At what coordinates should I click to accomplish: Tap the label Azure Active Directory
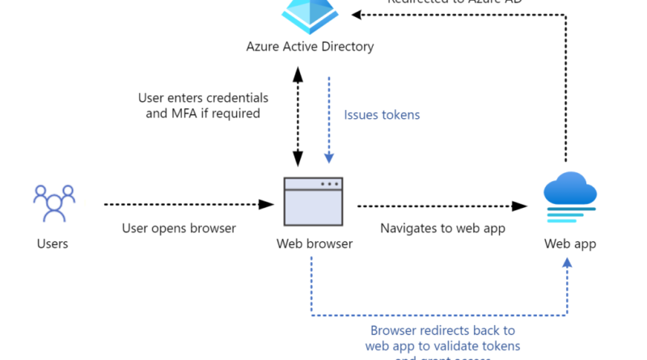[310, 46]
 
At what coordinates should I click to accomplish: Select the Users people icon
[53, 201]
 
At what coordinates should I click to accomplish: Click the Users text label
[53, 244]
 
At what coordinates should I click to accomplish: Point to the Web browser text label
[315, 244]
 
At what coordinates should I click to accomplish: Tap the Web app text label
[569, 244]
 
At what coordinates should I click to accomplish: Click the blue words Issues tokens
[382, 115]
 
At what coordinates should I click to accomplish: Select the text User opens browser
[179, 228]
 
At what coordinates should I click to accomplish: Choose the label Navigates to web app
[442, 228]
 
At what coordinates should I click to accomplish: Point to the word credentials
[239, 98]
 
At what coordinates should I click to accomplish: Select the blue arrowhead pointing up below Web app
[567, 264]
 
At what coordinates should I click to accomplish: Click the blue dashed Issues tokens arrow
[329, 121]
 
